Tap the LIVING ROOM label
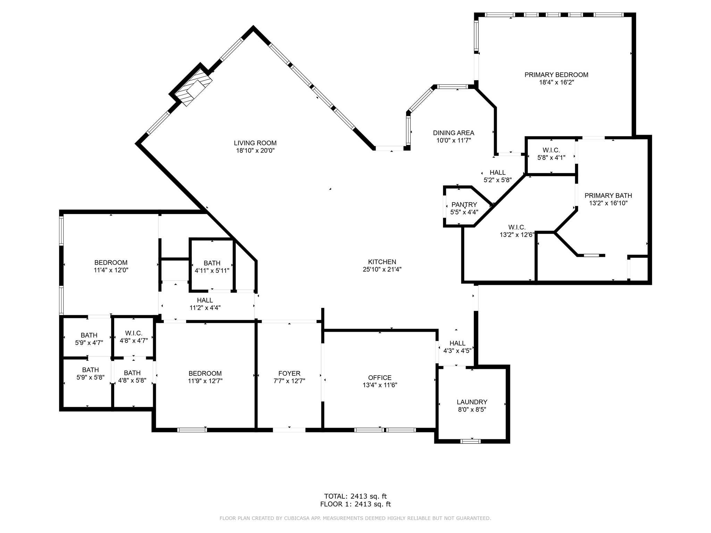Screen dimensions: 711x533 [255, 143]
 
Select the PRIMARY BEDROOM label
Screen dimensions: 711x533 [556, 75]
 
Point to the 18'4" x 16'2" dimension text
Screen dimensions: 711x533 [556, 83]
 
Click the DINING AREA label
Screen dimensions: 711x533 [453, 133]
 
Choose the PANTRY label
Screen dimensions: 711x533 [464, 205]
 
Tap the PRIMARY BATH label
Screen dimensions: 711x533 [608, 195]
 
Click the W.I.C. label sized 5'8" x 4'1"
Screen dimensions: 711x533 [551, 150]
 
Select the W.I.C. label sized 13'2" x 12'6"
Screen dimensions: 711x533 [517, 227]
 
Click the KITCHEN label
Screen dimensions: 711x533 [382, 262]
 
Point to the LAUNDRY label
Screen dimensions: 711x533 [472, 402]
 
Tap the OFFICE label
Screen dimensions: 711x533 [380, 378]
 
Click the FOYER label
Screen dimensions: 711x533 [289, 373]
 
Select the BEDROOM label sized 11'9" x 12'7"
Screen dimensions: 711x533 [205, 373]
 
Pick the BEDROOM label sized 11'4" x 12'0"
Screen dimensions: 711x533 [111, 263]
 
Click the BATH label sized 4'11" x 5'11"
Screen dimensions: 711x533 [212, 263]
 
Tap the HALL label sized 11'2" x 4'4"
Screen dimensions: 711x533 [205, 300]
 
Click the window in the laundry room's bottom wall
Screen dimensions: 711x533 [470, 441]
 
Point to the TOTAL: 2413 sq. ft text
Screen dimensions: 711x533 [355, 496]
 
